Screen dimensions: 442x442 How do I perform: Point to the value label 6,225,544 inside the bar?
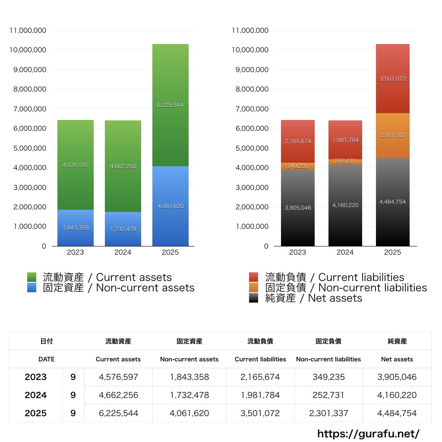click(170, 105)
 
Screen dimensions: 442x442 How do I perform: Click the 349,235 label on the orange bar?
click(297, 166)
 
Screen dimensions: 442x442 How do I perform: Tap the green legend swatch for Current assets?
click(32, 277)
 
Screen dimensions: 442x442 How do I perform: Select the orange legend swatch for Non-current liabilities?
click(254, 287)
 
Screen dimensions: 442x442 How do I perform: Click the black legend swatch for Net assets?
click(254, 298)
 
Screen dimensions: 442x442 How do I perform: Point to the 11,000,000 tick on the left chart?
click(28, 30)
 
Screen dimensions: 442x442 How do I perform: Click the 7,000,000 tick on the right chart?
click(251, 109)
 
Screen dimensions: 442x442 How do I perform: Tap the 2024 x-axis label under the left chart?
click(123, 252)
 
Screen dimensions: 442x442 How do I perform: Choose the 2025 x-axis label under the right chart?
click(392, 252)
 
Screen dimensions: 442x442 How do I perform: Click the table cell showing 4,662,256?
click(118, 395)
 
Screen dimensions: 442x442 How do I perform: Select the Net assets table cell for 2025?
click(397, 413)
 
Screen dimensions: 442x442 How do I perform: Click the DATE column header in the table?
click(46, 359)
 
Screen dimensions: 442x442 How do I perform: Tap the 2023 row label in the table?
click(35, 377)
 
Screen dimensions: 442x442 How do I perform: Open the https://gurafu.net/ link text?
click(368, 433)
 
